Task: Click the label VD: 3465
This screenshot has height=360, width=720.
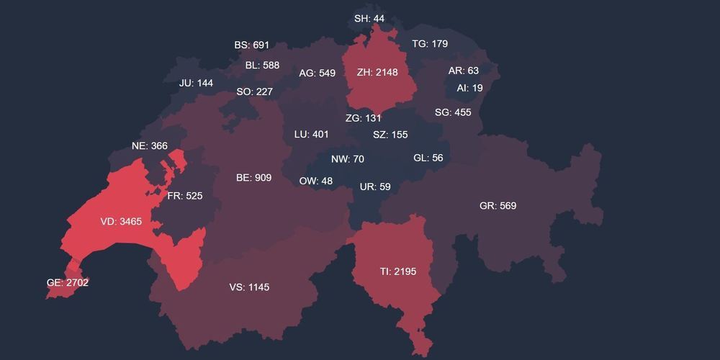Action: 121,222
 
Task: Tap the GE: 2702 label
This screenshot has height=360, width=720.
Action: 68,283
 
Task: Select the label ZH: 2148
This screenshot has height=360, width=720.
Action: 377,72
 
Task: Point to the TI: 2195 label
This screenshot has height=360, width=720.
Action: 398,271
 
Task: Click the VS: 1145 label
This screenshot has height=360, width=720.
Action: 249,287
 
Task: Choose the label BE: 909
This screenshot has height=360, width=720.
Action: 253,177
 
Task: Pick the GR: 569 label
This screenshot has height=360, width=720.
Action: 498,206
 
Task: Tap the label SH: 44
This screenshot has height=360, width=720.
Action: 369,18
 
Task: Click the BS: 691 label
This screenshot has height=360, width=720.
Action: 251,45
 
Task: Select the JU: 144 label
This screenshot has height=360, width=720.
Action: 196,83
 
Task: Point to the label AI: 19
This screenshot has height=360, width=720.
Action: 469,88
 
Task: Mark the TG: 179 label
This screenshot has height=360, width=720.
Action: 430,44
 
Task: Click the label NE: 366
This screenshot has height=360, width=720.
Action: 150,145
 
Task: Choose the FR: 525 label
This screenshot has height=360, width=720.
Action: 185,195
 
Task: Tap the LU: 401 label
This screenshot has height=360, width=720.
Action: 311,135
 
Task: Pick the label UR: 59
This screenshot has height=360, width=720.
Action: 375,187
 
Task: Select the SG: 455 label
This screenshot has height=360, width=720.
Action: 453,112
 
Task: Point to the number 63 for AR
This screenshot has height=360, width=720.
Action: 472,71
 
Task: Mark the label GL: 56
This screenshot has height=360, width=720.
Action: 428,158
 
